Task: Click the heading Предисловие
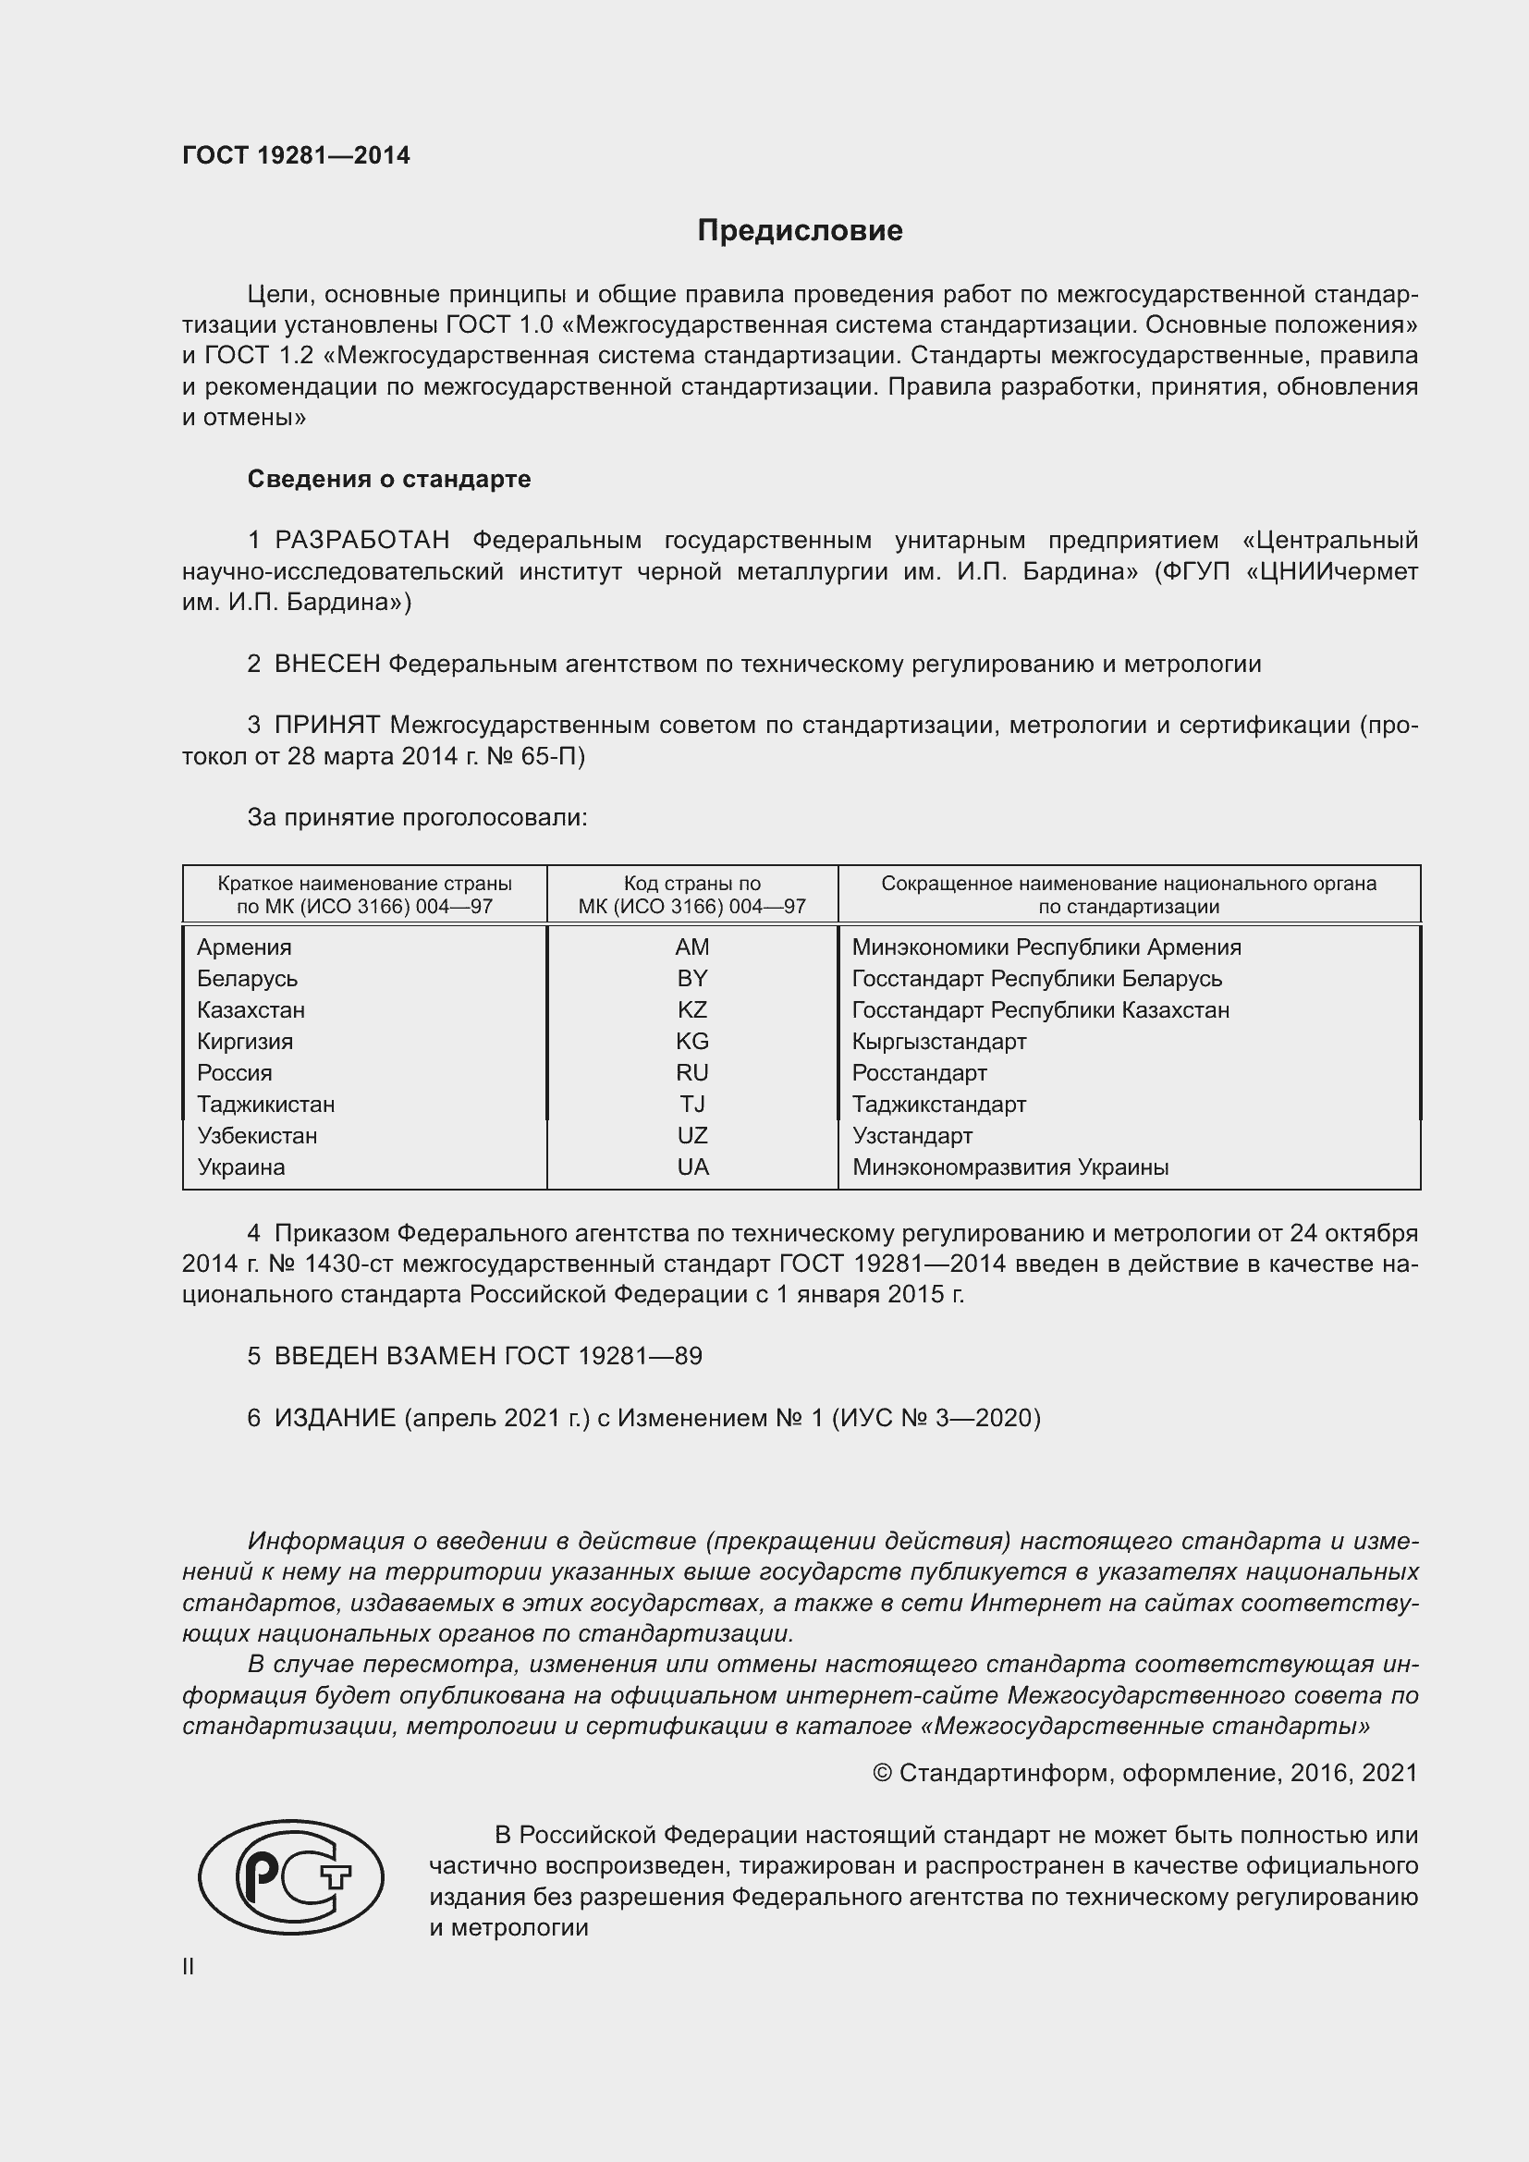click(800, 231)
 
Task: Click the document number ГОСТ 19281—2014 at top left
click(296, 155)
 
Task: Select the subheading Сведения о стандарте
click(389, 480)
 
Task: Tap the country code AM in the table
click(692, 947)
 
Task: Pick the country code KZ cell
click(692, 1010)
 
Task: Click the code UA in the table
click(692, 1167)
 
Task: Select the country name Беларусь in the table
click(247, 979)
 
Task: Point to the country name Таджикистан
click(265, 1105)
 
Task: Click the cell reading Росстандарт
click(919, 1073)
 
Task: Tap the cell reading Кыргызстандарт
click(938, 1042)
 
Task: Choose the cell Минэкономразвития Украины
click(1010, 1167)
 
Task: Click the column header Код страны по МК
click(692, 895)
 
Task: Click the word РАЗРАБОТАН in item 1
click(361, 541)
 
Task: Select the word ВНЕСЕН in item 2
click(326, 664)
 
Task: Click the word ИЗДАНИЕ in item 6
click(335, 1418)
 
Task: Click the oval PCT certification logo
click(291, 1876)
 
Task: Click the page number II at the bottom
click(189, 1966)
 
